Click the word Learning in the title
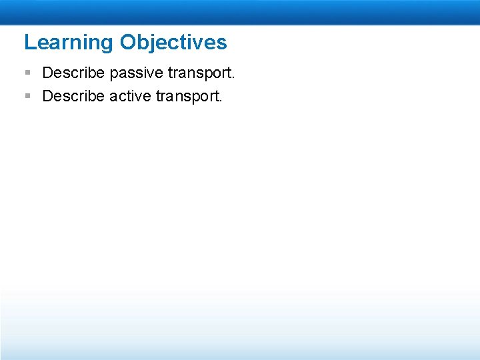[x=69, y=43]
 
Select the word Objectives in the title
[x=173, y=43]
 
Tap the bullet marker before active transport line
[x=27, y=96]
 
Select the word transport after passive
[x=199, y=72]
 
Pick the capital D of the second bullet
[x=48, y=96]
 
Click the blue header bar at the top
[x=240, y=12]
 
